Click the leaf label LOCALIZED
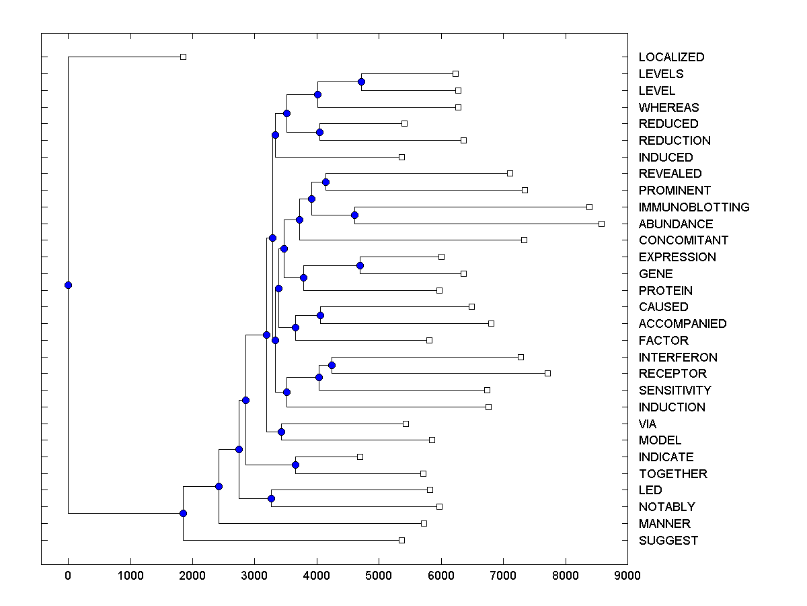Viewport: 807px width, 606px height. (671, 57)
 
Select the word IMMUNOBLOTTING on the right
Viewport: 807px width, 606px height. (693, 207)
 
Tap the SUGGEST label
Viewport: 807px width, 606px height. (668, 541)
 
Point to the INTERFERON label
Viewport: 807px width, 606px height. (678, 358)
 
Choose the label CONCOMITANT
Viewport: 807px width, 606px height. (683, 240)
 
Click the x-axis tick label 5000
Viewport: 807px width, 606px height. (379, 576)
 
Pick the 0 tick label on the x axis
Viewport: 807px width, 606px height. (68, 576)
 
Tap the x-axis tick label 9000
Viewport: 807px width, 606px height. (627, 576)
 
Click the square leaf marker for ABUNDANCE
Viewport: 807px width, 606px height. (601, 224)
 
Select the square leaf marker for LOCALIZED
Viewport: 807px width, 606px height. (183, 57)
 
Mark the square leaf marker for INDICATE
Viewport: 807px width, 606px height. (360, 457)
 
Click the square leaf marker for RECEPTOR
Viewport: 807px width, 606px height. (547, 373)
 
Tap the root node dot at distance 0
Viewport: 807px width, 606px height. (68, 285)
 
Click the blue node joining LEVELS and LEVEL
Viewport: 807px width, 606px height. (361, 81)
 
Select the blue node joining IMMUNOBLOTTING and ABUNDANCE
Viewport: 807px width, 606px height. (354, 215)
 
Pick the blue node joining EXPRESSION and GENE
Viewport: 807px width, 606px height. (360, 265)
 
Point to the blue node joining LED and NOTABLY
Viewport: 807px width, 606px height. (271, 498)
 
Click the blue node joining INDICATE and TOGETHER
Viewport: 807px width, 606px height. (295, 465)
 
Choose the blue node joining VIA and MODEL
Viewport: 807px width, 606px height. (281, 432)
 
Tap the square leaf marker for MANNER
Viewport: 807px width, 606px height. (424, 523)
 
